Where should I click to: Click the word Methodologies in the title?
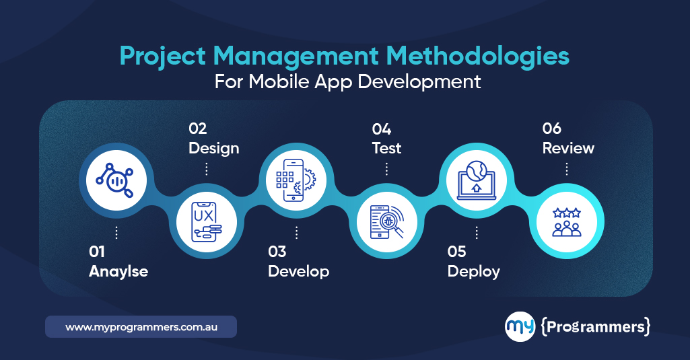pos(462,56)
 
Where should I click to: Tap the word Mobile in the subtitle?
pos(289,82)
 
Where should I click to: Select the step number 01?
pos(98,252)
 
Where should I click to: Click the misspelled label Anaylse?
pos(118,272)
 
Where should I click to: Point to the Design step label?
pos(214,148)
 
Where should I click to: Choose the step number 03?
pos(277,252)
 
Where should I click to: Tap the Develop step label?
pos(298,272)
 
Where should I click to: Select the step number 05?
pos(457,252)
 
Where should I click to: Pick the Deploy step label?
pos(474,272)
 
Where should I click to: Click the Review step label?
pos(568,148)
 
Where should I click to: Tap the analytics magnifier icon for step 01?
pos(116,178)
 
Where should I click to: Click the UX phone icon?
pos(206,221)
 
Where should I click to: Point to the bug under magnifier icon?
pos(386,221)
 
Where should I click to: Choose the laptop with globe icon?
pos(477,179)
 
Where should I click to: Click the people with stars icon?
pos(567,221)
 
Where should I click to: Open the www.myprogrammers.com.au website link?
pos(141,327)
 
